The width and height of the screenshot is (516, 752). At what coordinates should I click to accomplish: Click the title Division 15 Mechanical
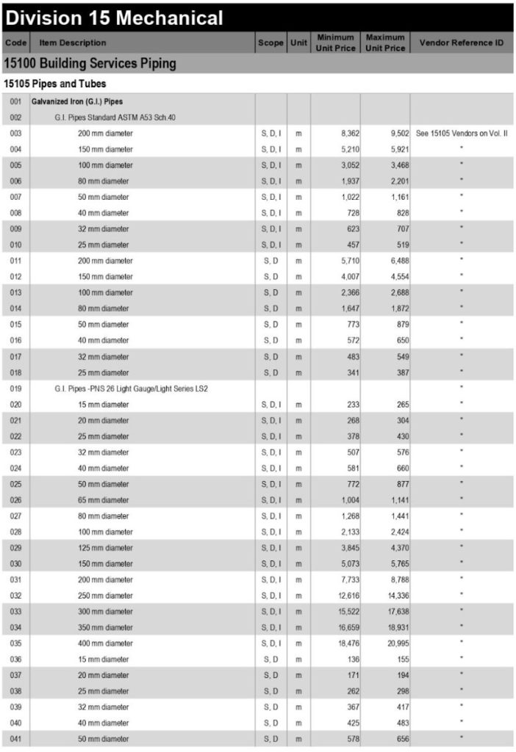[114, 17]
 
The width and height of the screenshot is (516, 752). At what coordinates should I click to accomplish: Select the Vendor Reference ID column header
[461, 43]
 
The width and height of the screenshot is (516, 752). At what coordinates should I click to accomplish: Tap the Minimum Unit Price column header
[335, 43]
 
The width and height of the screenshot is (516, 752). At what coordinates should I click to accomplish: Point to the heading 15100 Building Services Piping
[90, 63]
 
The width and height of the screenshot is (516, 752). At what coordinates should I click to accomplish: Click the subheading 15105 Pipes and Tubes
[54, 84]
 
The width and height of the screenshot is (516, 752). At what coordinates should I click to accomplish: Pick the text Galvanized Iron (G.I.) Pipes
[76, 101]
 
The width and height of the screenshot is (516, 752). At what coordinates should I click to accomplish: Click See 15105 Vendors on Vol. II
[461, 134]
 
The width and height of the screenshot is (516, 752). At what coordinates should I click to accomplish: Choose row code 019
[16, 388]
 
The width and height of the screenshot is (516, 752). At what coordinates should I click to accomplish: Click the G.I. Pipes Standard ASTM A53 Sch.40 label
[115, 117]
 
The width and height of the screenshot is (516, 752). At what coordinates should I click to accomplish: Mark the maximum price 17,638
[392, 611]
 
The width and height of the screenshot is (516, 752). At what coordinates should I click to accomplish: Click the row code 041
[16, 738]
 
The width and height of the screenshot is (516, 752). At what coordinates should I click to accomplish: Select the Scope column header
[270, 43]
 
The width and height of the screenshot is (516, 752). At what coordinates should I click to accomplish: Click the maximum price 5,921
[394, 149]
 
